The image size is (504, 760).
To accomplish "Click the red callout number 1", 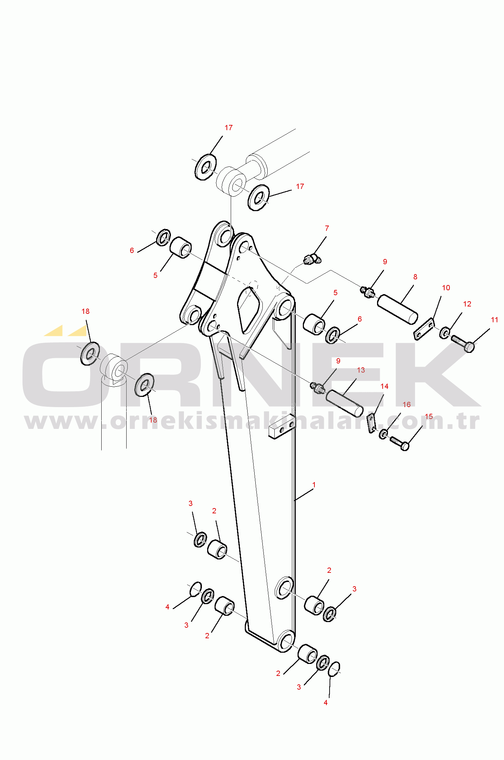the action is tap(314, 485).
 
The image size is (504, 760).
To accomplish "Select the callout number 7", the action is tap(327, 228).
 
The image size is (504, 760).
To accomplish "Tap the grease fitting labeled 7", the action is tap(312, 260).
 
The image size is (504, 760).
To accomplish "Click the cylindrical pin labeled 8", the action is tap(397, 309).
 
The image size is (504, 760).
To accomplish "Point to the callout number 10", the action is tap(446, 288).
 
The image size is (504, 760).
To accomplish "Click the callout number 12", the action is tap(467, 304).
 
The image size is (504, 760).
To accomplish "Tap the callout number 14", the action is tap(384, 386).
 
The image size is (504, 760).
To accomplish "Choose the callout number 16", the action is tap(406, 405).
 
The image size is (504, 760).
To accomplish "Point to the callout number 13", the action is tap(361, 370).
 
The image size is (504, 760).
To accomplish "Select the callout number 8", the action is tap(415, 277).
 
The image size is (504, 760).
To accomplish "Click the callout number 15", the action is tap(428, 417).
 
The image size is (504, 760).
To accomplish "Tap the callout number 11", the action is tap(494, 320).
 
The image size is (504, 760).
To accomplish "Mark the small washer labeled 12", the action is tap(445, 332).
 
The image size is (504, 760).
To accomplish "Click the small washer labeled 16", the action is tap(384, 434).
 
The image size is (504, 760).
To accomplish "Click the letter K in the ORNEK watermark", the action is tap(435, 375).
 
